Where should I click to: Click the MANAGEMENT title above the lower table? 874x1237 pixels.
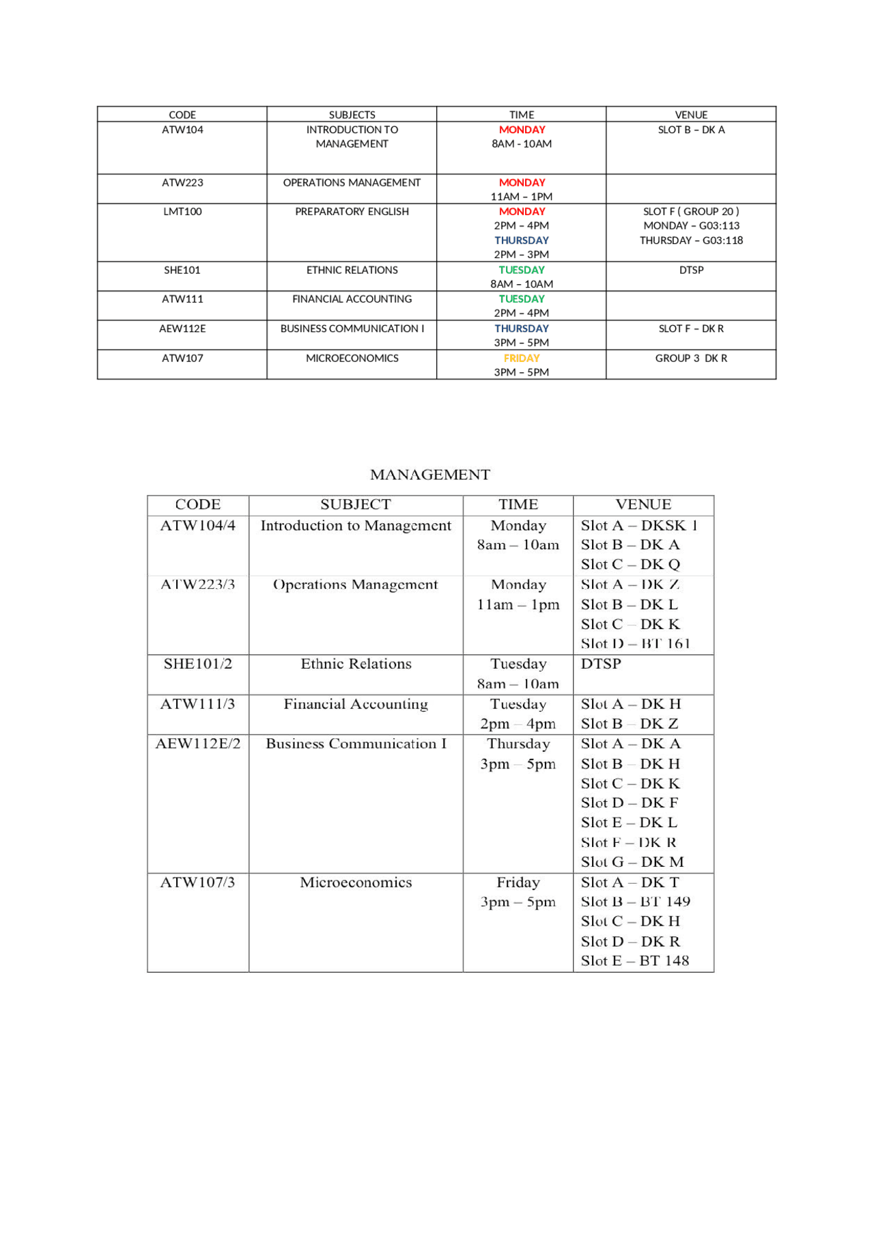click(429, 475)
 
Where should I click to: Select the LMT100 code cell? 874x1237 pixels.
click(182, 212)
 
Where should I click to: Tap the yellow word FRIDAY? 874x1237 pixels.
click(521, 358)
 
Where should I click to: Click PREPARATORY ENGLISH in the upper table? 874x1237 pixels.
click(352, 212)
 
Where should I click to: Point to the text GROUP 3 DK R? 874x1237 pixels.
click(691, 358)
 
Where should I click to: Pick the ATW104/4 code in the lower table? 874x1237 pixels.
click(197, 525)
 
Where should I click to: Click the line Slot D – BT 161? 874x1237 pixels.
click(635, 643)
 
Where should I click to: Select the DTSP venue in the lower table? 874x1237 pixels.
click(601, 664)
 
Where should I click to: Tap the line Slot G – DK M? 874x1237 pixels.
click(632, 862)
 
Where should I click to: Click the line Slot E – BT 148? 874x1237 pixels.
click(634, 961)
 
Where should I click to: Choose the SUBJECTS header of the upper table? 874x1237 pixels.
click(352, 115)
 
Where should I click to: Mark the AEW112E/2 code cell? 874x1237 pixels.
click(197, 744)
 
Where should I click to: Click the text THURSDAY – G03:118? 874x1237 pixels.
click(691, 240)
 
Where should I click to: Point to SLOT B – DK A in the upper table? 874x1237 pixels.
click(691, 130)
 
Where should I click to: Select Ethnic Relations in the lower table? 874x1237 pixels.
click(356, 664)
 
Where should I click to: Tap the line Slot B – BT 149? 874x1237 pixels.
click(635, 902)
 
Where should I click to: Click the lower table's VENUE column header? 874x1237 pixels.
click(643, 505)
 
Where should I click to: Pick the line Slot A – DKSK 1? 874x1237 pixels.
click(638, 525)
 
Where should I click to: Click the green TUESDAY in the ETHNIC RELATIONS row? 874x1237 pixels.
click(521, 270)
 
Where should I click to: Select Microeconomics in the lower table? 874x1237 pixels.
click(356, 882)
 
